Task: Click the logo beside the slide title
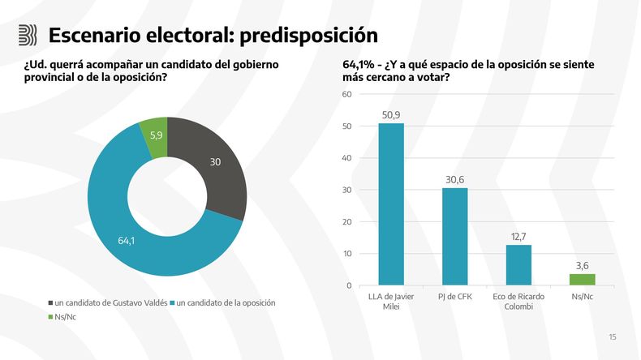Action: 28,35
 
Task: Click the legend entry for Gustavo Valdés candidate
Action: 107,303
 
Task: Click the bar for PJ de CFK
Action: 454,237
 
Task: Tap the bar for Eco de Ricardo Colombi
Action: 518,265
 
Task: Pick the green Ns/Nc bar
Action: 582,280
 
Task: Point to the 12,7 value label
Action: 518,238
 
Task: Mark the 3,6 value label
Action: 582,267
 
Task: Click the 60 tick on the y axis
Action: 347,94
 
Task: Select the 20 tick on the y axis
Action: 347,222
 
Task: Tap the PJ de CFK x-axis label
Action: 454,296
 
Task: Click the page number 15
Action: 613,337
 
